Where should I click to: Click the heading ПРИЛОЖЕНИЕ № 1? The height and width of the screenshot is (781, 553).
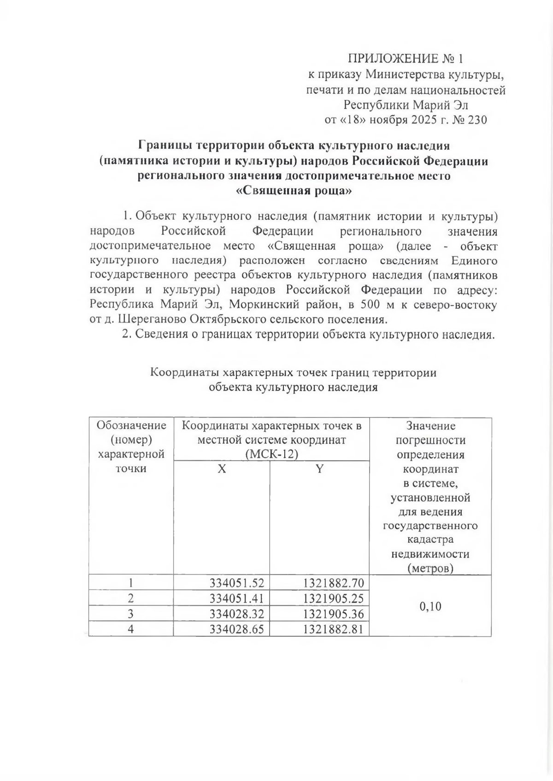tap(405, 59)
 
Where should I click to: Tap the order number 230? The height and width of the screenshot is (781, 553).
tap(477, 120)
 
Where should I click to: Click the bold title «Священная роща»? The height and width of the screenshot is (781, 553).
tap(294, 191)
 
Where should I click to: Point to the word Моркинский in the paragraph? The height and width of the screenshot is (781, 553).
tap(281, 305)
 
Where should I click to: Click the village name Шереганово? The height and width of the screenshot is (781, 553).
tap(157, 319)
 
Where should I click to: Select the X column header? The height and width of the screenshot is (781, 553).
tap(222, 469)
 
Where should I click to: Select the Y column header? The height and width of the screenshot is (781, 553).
tap(319, 469)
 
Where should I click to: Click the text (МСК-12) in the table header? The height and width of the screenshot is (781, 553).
tap(272, 454)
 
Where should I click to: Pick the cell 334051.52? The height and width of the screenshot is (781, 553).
tap(236, 583)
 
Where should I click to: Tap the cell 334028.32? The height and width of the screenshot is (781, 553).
tap(236, 613)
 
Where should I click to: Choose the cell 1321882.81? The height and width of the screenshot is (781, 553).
tap(333, 628)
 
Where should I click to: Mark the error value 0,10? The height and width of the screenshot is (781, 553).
tap(430, 606)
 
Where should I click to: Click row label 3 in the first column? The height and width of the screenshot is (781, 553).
tap(131, 613)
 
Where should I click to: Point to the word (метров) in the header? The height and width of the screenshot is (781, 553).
tap(430, 568)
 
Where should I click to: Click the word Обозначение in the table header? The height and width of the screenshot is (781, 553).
tap(131, 425)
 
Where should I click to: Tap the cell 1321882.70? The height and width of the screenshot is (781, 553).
tap(333, 583)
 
